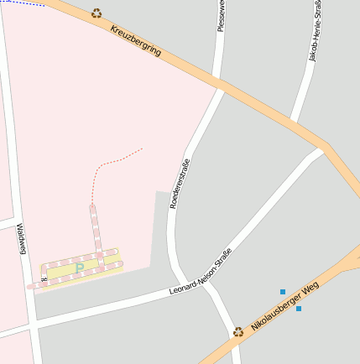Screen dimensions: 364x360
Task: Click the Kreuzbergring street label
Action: tap(135, 41)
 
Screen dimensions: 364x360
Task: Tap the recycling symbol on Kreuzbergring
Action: tap(97, 13)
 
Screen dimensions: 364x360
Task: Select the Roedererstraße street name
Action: tap(180, 184)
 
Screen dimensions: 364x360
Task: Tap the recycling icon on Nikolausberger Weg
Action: tap(238, 331)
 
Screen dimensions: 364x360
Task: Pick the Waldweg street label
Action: tap(22, 240)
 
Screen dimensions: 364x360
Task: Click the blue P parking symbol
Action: tap(80, 268)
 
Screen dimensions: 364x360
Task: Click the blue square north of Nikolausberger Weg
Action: tap(283, 292)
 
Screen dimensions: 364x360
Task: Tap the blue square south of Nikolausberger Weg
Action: tap(299, 309)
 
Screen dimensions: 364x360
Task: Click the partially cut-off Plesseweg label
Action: tap(222, 15)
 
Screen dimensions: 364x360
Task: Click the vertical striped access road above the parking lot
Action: tap(95, 227)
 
